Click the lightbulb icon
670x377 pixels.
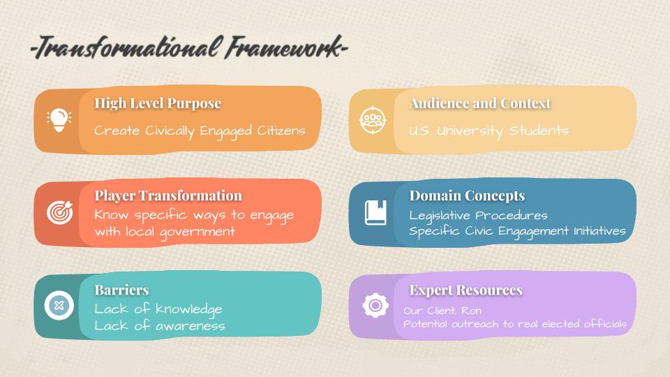point(59,120)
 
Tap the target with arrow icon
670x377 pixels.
point(60,212)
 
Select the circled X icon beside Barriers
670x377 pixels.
point(59,305)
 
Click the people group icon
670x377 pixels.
point(373,120)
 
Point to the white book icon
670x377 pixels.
point(375,212)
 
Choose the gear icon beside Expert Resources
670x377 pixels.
point(375,305)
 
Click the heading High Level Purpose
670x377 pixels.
point(158,103)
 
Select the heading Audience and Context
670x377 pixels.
point(480,103)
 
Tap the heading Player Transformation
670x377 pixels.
point(168,195)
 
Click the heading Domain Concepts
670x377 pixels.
point(467,195)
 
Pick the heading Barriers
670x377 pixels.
point(121,290)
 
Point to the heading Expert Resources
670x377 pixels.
point(466,290)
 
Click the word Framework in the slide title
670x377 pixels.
point(284,47)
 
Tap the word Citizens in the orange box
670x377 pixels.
point(281,131)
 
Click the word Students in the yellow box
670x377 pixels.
point(539,131)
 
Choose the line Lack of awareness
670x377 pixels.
point(159,326)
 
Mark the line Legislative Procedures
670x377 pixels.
point(478,216)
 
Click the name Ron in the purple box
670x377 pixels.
point(471,311)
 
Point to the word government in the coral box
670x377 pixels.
point(197,232)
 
